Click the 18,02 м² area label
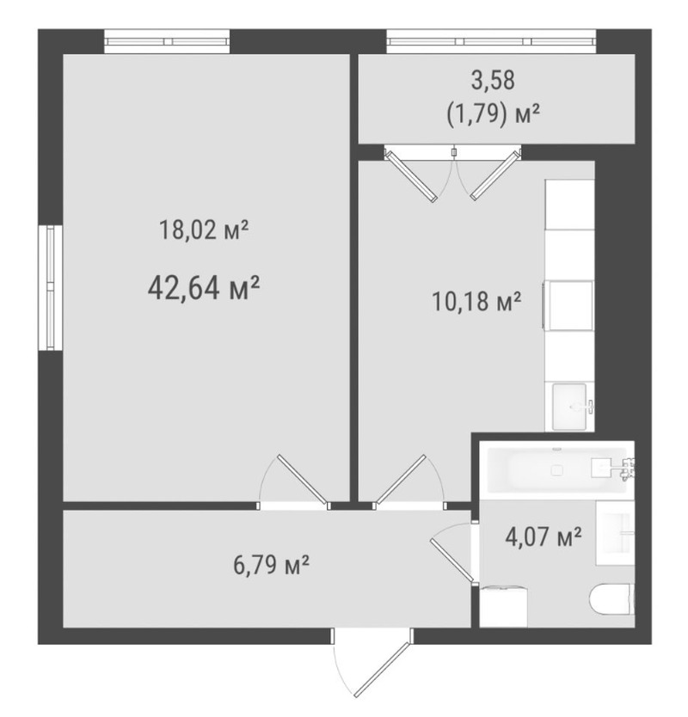coord(204,230)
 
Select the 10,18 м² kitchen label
coord(476,302)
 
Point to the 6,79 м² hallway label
coord(271,566)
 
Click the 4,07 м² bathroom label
coord(544,536)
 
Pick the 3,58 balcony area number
coord(493,80)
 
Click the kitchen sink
coord(570,406)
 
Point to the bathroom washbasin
coord(615,533)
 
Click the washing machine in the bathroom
coord(503,606)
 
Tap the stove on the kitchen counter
coord(568,305)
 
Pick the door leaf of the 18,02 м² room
coord(303,478)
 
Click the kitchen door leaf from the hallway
coord(401,479)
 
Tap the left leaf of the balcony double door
coord(412,176)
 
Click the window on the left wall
coord(51,288)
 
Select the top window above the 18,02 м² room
coord(167,41)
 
